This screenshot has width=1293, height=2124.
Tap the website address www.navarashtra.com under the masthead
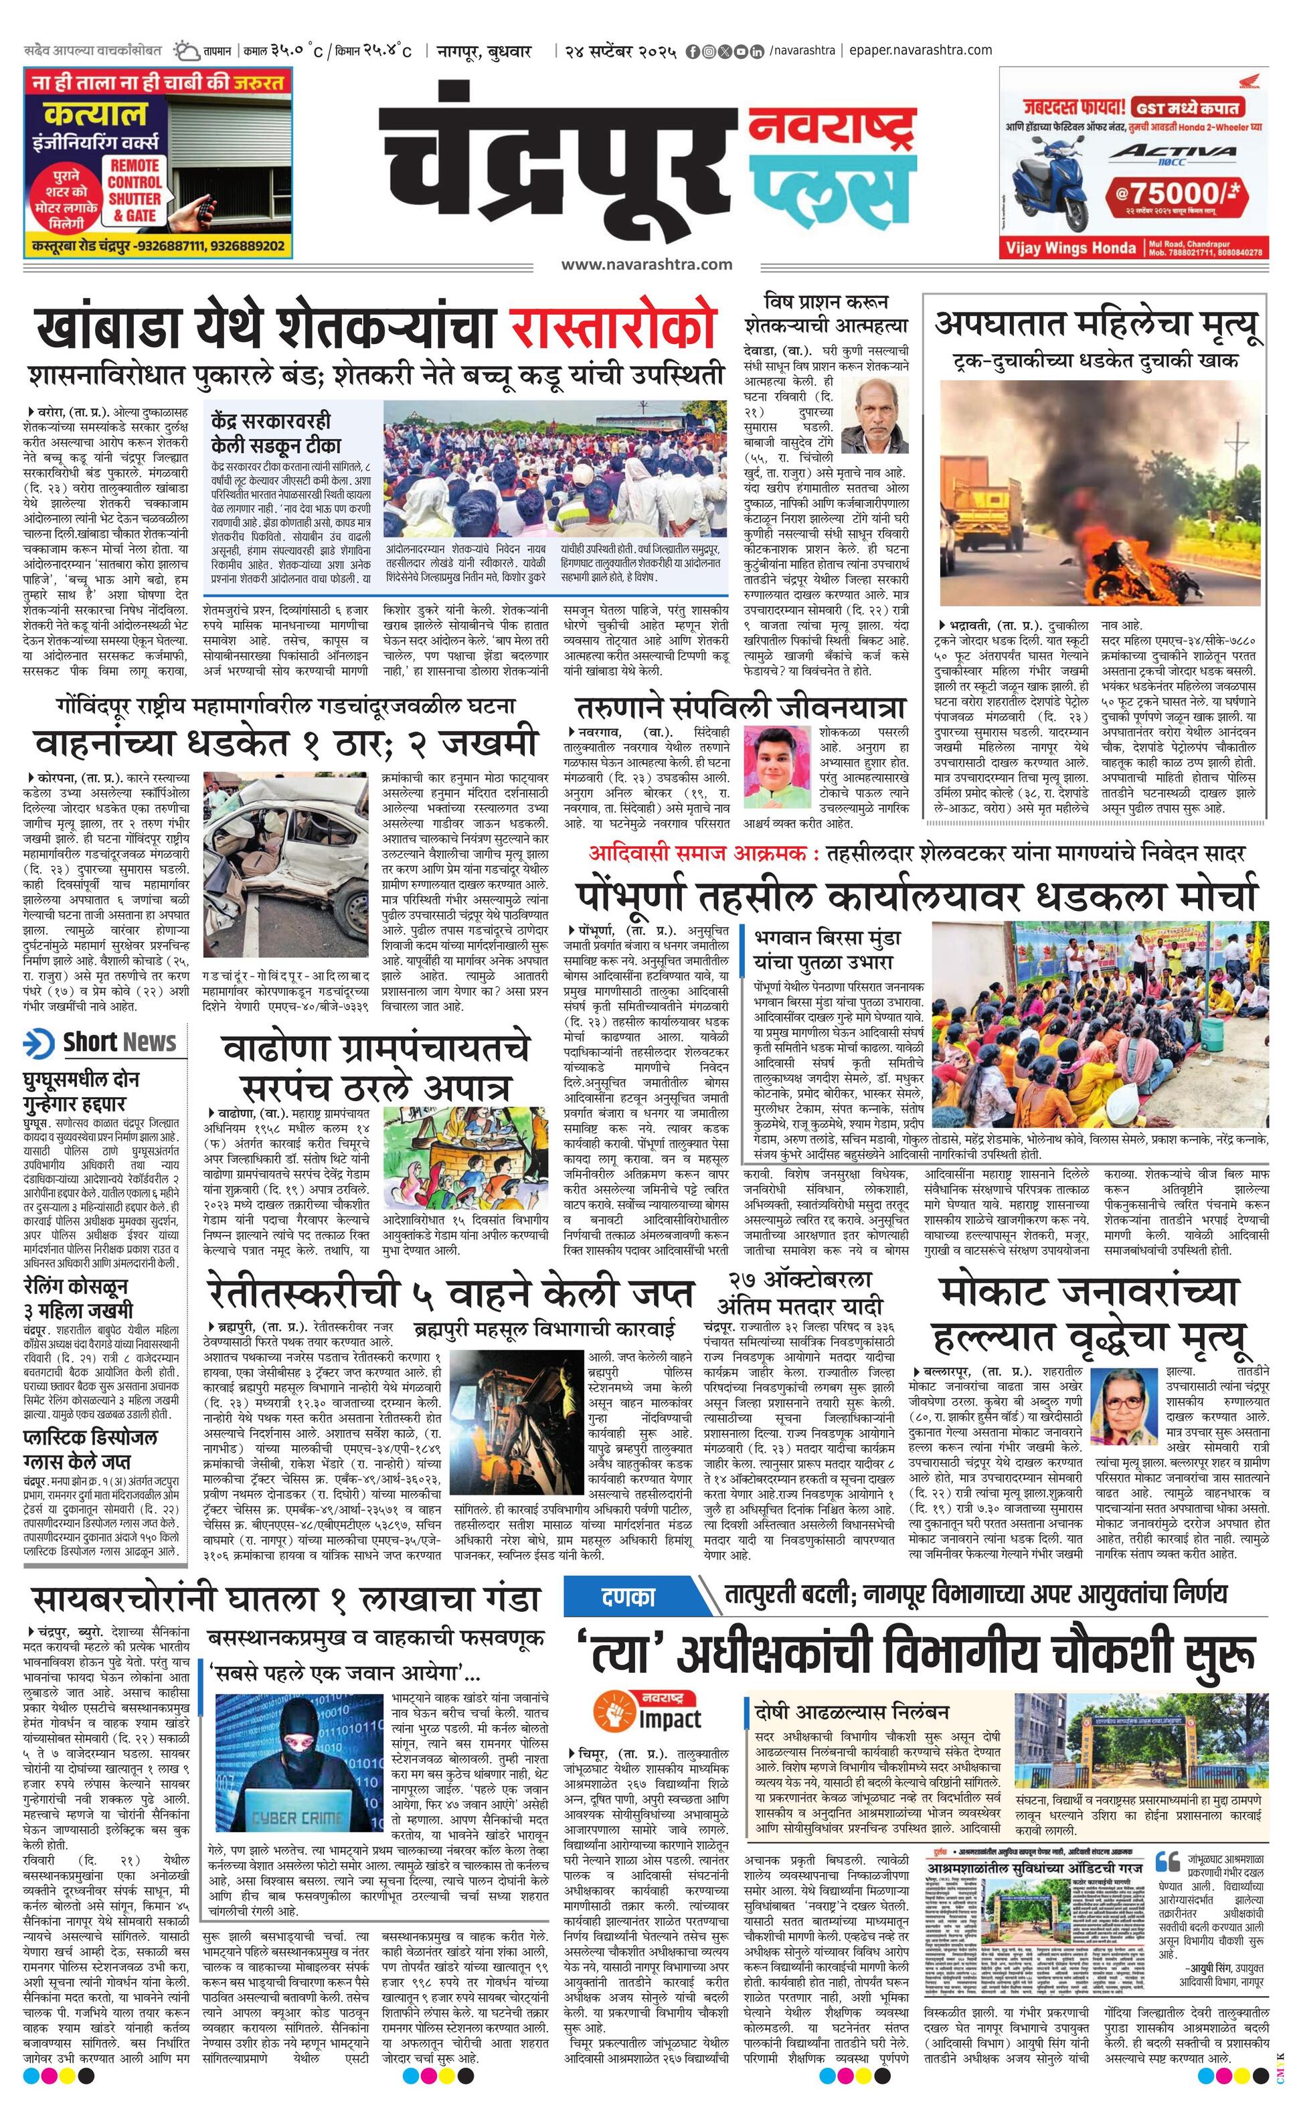click(646, 264)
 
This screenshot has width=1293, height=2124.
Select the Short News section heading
click(104, 1042)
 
